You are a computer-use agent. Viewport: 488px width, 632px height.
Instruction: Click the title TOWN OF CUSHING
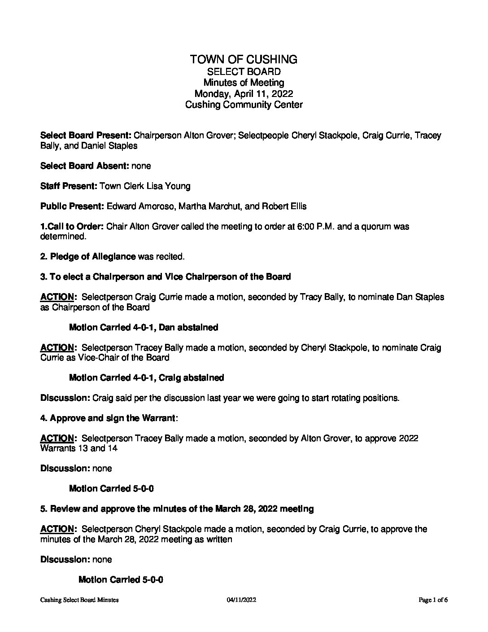coord(244,59)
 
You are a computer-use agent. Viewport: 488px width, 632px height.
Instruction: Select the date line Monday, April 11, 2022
coord(244,94)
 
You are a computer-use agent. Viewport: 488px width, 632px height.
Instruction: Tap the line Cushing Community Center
coord(244,105)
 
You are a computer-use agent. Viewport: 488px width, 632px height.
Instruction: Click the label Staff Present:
coord(69,186)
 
